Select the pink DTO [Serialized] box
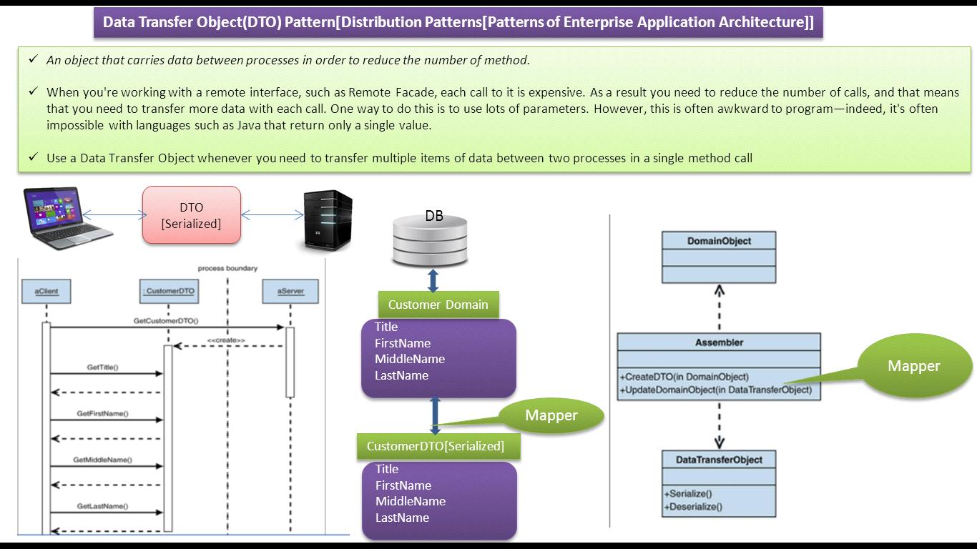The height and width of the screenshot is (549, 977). coord(191,215)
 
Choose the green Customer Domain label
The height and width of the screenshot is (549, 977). coord(438,305)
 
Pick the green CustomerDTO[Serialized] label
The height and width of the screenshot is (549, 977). coord(436,446)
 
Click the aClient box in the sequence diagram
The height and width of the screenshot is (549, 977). coord(46,292)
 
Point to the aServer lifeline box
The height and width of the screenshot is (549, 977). coord(290,292)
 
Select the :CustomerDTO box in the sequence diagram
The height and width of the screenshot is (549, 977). coord(168,292)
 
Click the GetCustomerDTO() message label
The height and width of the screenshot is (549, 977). coord(166,322)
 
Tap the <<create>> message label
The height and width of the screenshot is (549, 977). coord(226,340)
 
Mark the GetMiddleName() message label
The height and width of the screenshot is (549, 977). coord(102,460)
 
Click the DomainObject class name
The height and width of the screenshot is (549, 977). coord(719,242)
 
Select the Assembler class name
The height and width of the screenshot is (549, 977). coord(719,343)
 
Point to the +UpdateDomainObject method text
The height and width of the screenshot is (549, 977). coord(716,390)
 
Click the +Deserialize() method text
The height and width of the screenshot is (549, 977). coord(693,508)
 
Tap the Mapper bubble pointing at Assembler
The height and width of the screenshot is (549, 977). coord(913,367)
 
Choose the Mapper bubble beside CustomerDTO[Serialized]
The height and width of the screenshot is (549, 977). coord(551,416)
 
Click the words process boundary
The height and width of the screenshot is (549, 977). coord(227,269)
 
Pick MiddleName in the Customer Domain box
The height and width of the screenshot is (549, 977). coord(410,359)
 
